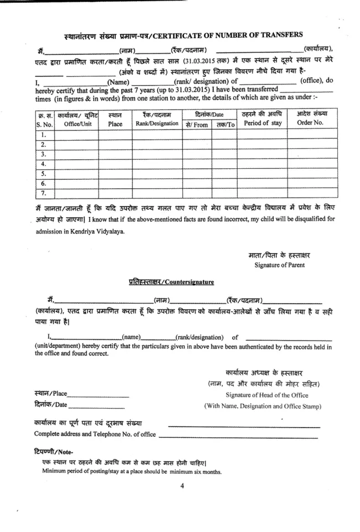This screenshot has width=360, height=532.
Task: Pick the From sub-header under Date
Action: point(197,125)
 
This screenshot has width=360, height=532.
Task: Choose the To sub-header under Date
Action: point(225,125)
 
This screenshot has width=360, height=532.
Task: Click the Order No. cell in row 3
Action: point(310,154)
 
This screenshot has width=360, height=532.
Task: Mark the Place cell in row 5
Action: point(115,174)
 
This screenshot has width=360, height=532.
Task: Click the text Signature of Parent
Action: point(279,265)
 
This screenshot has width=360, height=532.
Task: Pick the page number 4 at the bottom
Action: point(182,487)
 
